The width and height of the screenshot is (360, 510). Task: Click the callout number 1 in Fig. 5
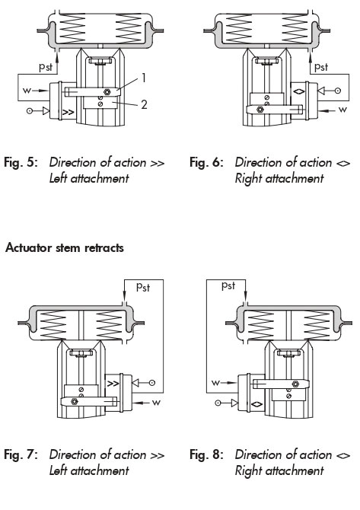[x=143, y=78]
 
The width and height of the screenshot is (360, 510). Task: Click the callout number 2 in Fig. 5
[x=144, y=104]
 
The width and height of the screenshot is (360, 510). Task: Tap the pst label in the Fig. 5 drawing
[x=46, y=67]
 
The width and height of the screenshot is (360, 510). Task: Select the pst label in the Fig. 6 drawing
[x=321, y=67]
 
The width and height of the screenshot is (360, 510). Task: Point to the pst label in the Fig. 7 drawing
[x=143, y=287]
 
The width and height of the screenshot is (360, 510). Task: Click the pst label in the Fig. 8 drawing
[x=228, y=285]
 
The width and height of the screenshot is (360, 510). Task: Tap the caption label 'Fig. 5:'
[x=21, y=162]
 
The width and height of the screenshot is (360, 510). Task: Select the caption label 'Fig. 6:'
[x=207, y=162]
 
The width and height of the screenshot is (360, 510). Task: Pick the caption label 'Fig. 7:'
[x=21, y=454]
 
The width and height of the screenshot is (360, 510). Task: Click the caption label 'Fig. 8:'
[x=207, y=454]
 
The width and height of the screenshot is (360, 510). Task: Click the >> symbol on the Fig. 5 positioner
[x=68, y=113]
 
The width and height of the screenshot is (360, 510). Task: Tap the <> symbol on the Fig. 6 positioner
[x=299, y=91]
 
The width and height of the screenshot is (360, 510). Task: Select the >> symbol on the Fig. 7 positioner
[x=113, y=384]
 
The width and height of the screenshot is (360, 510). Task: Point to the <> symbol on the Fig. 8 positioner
[x=257, y=404]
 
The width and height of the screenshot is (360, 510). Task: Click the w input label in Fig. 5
[x=27, y=90]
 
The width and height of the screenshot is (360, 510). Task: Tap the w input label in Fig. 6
[x=342, y=110]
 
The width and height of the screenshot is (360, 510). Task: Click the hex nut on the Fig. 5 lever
[x=107, y=91]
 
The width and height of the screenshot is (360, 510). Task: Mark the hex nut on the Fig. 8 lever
[x=295, y=384]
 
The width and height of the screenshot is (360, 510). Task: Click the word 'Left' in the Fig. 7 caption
[x=59, y=470]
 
